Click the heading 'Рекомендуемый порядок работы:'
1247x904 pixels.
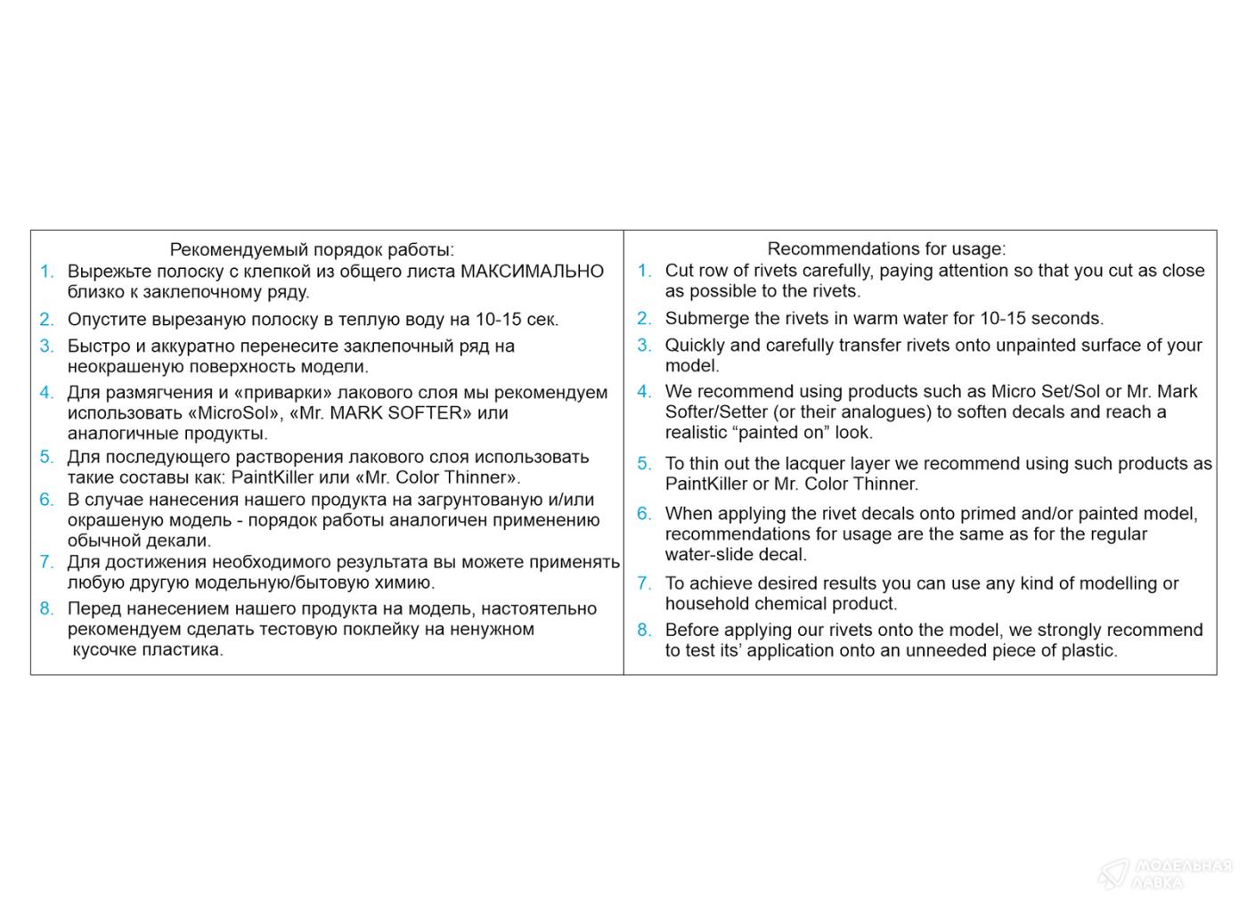point(311,249)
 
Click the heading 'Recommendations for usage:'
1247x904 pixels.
point(885,248)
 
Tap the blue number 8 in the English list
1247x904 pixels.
point(643,630)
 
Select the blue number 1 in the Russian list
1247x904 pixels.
point(46,271)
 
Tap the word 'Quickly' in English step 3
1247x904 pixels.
point(695,345)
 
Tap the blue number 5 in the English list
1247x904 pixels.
point(643,463)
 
